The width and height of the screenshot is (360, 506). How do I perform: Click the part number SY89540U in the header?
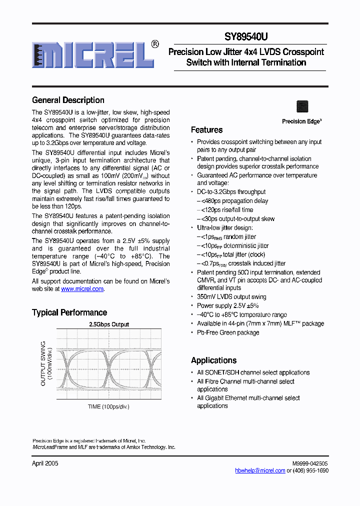[246, 36]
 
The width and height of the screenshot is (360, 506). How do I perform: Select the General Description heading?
[68, 100]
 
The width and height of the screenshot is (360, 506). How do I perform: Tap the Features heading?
[206, 130]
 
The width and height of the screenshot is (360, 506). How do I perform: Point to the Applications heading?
[213, 360]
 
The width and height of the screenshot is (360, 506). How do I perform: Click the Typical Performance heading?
[69, 312]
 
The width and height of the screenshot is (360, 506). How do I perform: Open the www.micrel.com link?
[82, 289]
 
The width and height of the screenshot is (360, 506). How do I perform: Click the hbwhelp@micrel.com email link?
[260, 470]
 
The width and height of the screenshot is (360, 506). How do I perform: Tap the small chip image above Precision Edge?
[302, 106]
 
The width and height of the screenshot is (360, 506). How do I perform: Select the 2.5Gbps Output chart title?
[108, 324]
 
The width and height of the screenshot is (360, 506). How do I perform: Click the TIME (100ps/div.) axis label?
[108, 406]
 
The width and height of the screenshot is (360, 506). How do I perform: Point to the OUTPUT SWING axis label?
[43, 363]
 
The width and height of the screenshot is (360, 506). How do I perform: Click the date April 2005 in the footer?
[45, 463]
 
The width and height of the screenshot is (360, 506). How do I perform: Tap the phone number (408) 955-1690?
[311, 470]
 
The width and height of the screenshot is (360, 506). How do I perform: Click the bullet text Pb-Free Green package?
[228, 332]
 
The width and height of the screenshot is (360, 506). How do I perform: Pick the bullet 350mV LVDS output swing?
[231, 296]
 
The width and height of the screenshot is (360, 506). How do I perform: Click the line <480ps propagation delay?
[234, 201]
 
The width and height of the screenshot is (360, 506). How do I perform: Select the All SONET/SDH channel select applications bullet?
[253, 372]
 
